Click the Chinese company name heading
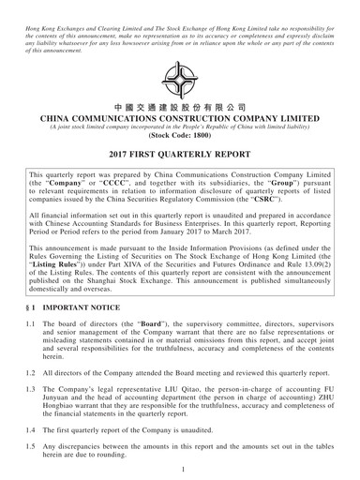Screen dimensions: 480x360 [179, 108]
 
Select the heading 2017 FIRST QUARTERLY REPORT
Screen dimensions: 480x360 [179, 154]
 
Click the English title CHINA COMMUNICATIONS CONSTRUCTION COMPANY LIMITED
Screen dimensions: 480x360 [179, 123]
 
